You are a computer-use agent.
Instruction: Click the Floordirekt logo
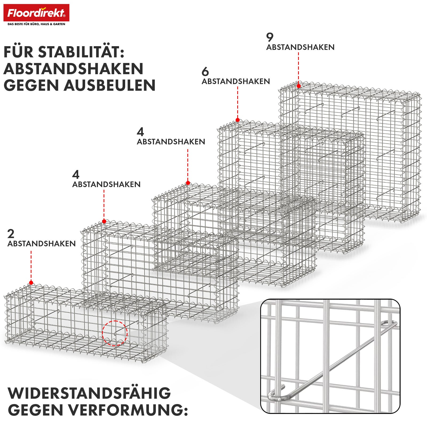(36, 13)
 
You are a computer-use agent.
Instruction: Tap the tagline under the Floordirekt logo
(36, 24)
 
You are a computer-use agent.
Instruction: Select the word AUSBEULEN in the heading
(110, 85)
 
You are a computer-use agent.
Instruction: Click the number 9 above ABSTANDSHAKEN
(270, 37)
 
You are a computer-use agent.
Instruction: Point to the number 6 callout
(205, 72)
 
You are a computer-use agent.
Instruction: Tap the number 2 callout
(11, 234)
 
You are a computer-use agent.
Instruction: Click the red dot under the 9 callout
(299, 86)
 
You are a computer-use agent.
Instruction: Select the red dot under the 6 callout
(238, 120)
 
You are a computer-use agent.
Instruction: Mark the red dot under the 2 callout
(31, 283)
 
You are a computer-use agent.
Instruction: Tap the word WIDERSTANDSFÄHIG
(89, 393)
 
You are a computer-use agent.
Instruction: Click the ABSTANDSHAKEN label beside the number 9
(300, 47)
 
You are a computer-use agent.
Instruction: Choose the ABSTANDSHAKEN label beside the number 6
(236, 81)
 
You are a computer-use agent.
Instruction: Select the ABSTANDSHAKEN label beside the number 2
(41, 244)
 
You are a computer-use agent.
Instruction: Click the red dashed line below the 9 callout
(298, 68)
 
